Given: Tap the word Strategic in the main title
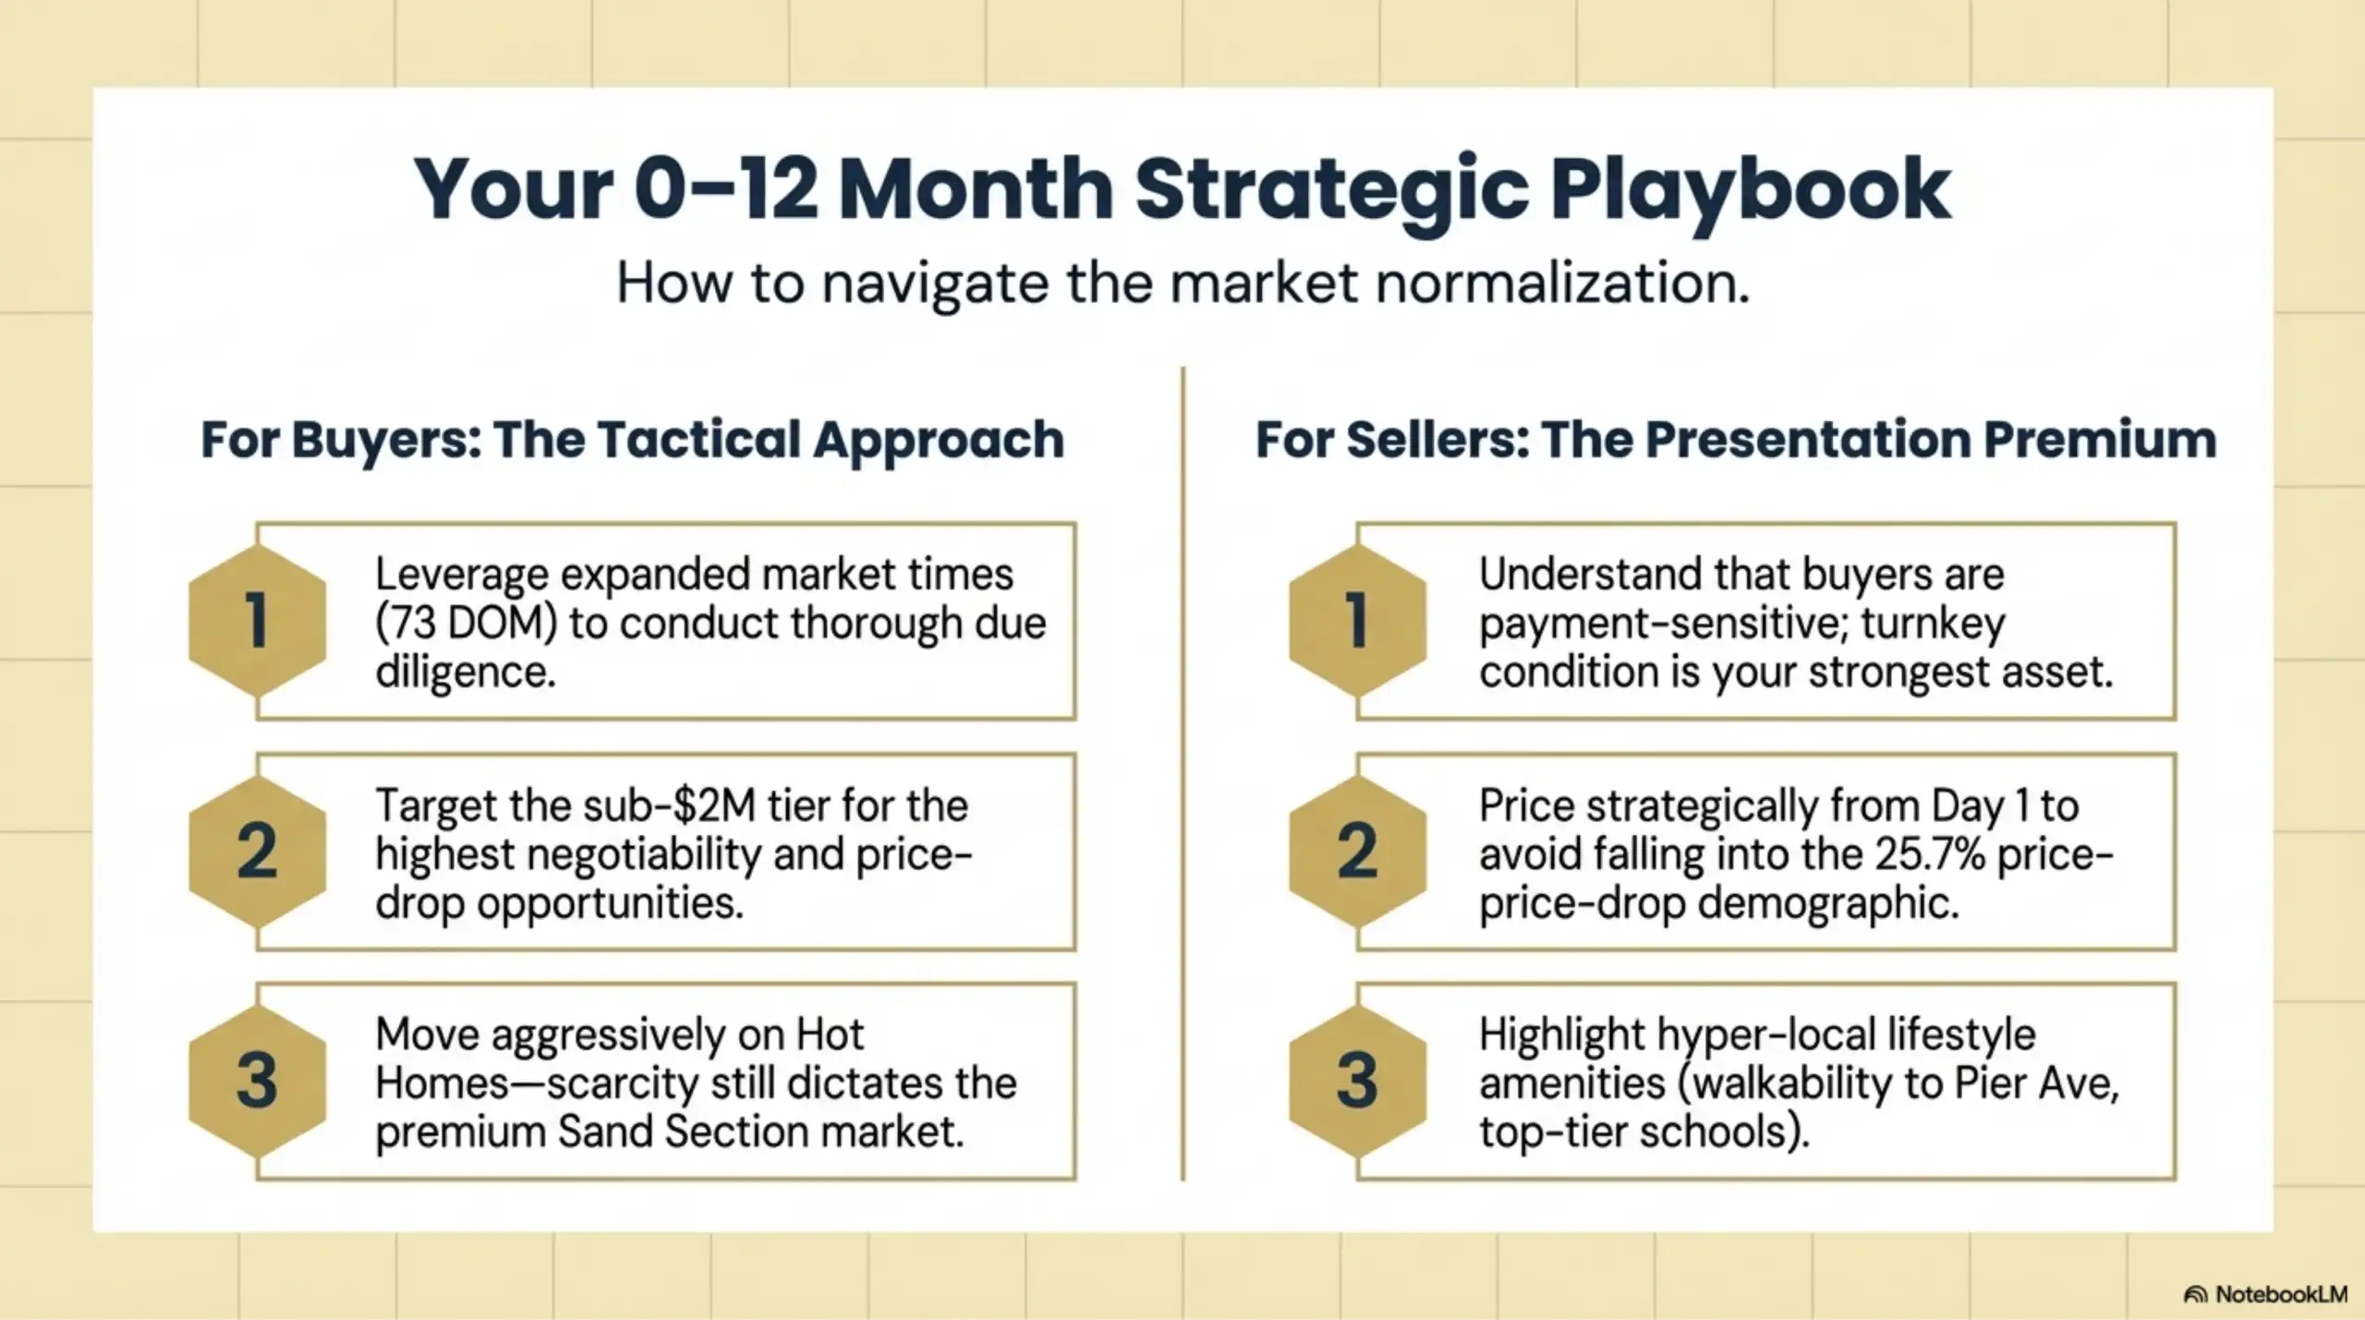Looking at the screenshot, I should click(x=1331, y=189).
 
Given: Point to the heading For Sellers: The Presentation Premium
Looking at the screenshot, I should click(x=1735, y=440).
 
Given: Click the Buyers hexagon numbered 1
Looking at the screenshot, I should click(x=258, y=620).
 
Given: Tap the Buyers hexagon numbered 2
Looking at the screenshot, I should click(x=258, y=851).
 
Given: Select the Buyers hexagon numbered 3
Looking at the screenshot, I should click(x=258, y=1080).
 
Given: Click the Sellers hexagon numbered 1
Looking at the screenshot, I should click(x=1357, y=620).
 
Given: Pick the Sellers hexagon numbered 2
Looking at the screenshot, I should click(x=1357, y=851).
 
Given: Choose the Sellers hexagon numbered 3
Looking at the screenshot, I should click(x=1357, y=1080).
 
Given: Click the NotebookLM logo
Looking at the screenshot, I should click(x=2265, y=1294).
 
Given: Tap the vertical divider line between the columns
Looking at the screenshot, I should click(x=1182, y=776).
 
